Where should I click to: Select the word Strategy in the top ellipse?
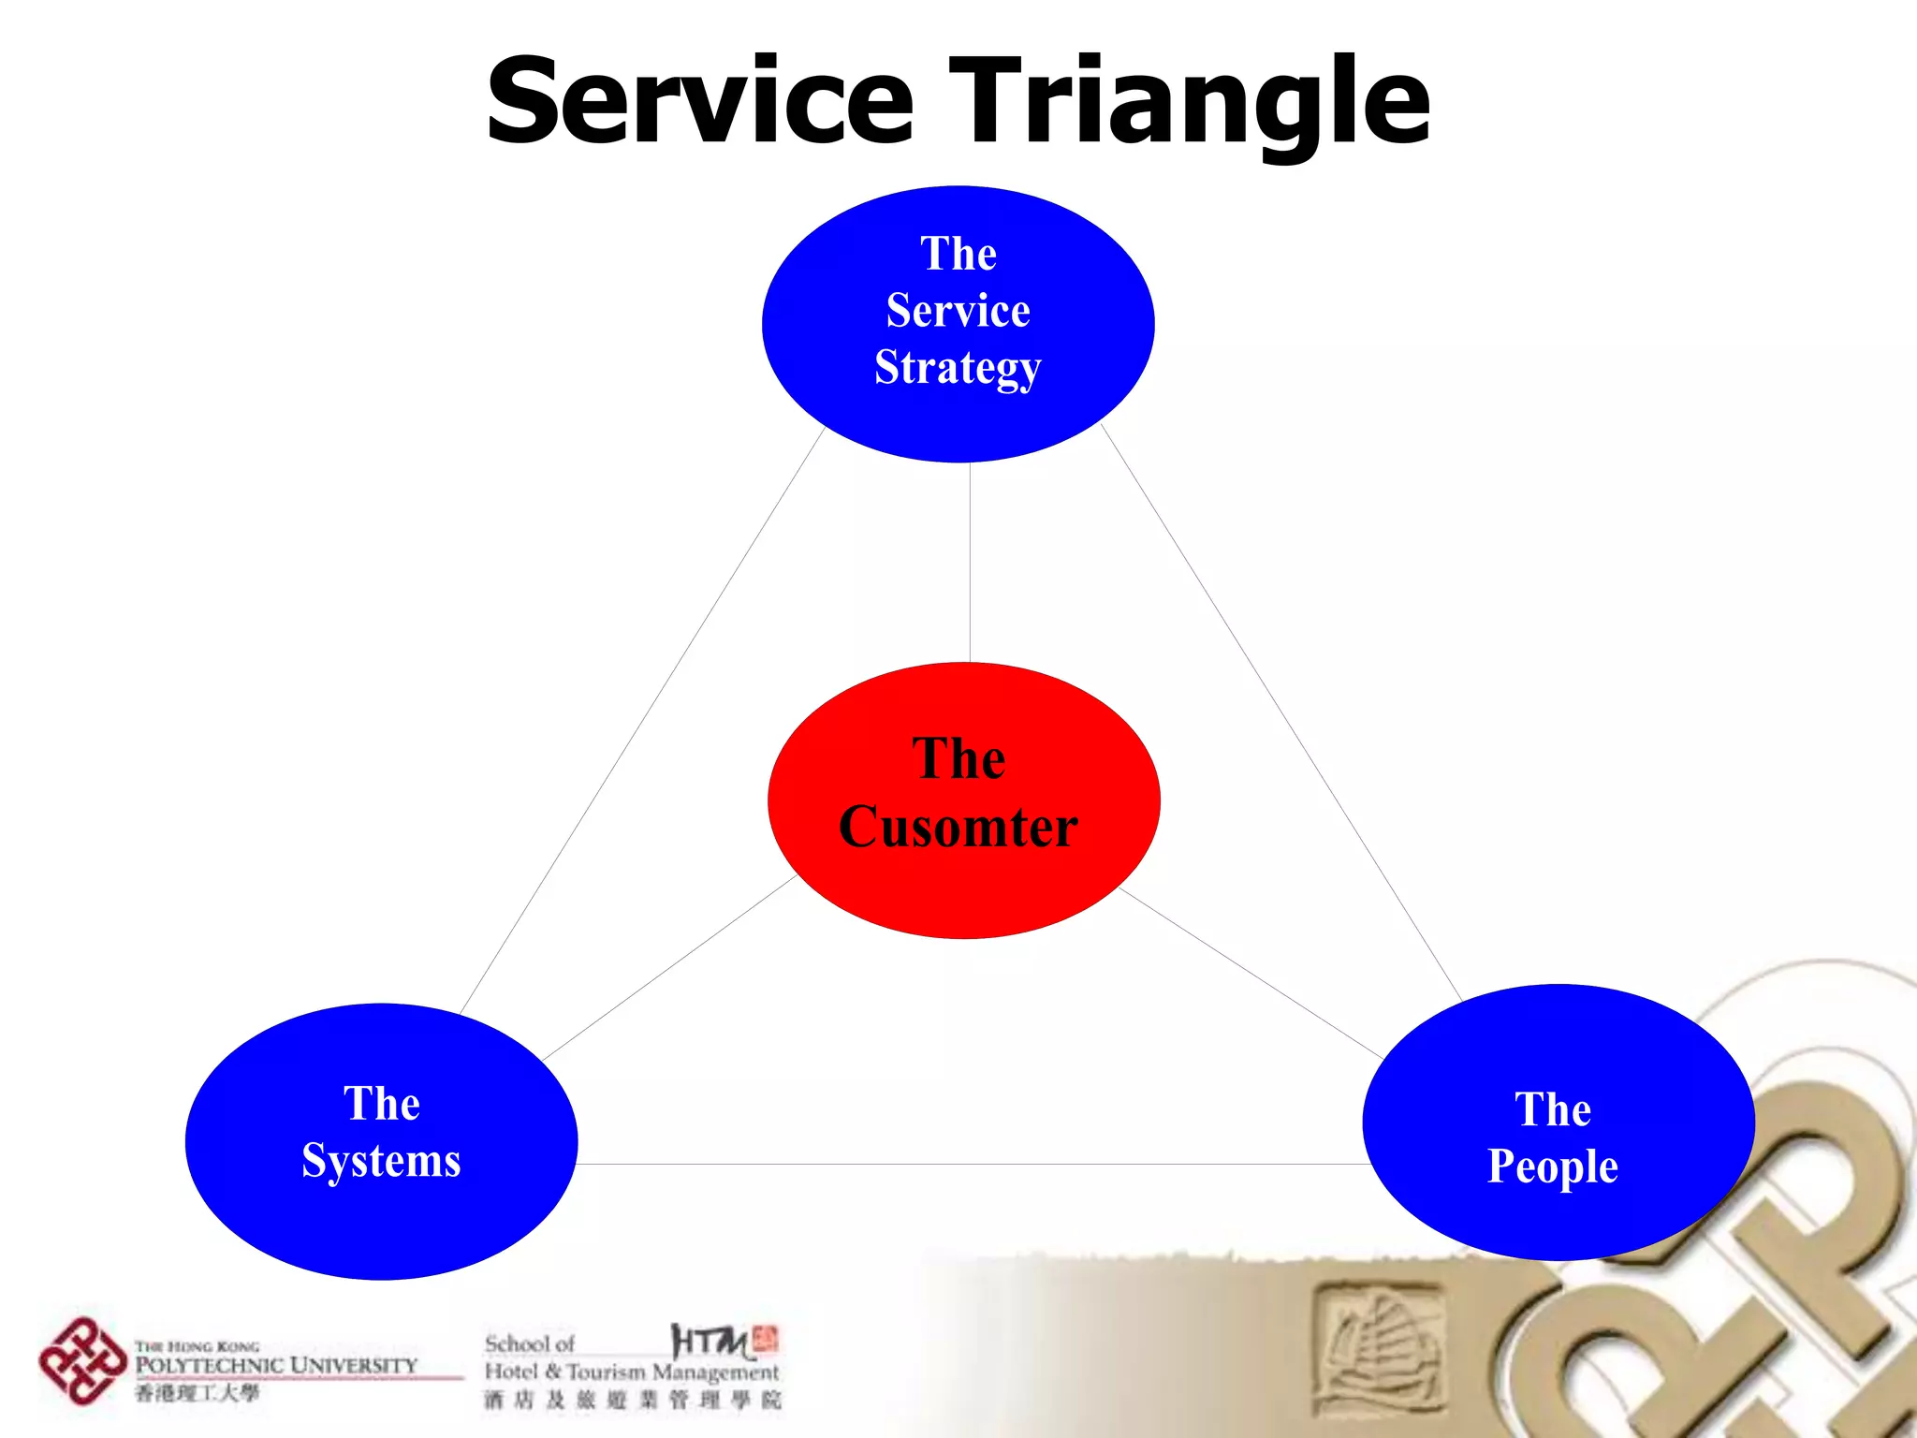[x=958, y=368]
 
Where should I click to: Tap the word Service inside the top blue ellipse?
[x=958, y=311]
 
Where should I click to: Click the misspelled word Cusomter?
[x=958, y=828]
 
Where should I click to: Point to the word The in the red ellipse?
[x=958, y=758]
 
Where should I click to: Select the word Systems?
[x=381, y=1162]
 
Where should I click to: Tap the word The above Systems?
[x=381, y=1104]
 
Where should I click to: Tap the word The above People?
[x=1553, y=1110]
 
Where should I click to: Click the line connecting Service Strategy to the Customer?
[x=970, y=562]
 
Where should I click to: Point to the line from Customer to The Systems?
[x=669, y=968]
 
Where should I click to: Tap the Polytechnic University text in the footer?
[x=276, y=1366]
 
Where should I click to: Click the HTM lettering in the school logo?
[x=711, y=1342]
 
